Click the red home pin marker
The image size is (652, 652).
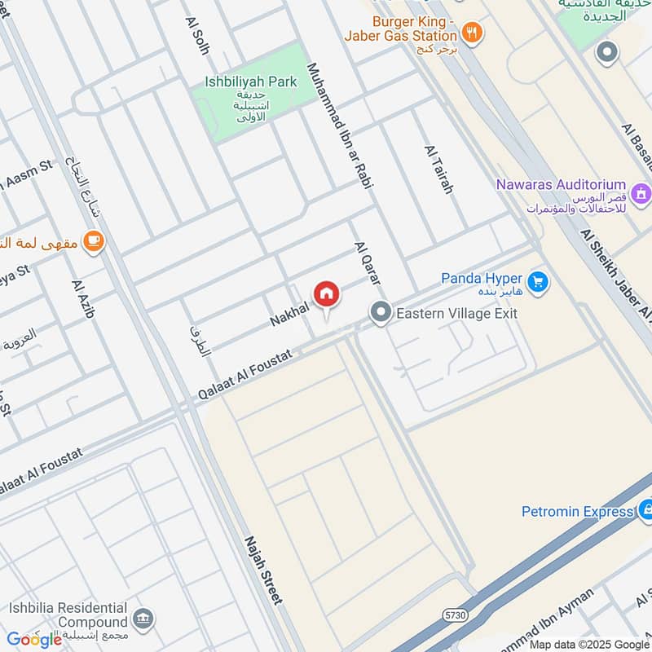tap(326, 294)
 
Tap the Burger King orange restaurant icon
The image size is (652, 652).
tap(472, 33)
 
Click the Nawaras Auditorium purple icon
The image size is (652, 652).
tap(641, 193)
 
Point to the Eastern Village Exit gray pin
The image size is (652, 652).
tap(380, 312)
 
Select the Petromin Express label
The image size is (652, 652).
tap(577, 512)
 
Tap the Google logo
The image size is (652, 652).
tap(34, 639)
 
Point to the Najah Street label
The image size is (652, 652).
tap(263, 570)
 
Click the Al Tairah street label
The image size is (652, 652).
tap(438, 169)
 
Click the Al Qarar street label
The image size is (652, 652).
tap(368, 262)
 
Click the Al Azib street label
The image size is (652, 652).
tap(84, 299)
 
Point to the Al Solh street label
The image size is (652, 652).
tap(197, 36)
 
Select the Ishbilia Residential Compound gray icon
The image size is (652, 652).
tap(144, 616)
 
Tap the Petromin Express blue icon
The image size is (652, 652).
tap(646, 511)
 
